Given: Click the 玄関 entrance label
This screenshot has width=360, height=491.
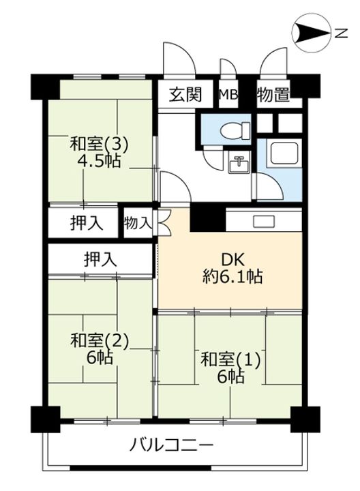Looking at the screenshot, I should tap(186, 95).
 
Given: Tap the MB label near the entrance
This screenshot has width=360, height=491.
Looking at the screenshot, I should tap(228, 95).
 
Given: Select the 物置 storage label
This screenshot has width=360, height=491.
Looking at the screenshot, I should tap(273, 95).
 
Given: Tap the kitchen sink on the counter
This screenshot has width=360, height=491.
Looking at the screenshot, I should tap(263, 221).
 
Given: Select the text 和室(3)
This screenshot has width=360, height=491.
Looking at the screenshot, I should tap(100, 145).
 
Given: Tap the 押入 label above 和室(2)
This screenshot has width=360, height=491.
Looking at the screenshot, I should tap(99, 258).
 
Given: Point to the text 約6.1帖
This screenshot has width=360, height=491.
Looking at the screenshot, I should tap(232, 277).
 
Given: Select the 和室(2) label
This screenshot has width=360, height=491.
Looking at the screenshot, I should tap(100, 339).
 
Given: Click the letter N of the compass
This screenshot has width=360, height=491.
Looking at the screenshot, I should tap(339, 32).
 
